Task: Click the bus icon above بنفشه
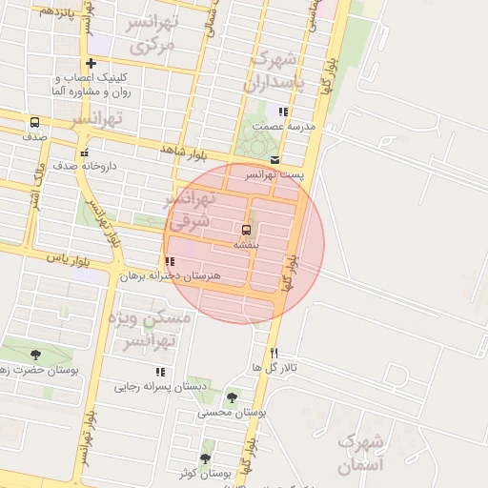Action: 246,231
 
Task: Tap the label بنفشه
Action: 246,245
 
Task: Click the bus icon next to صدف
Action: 34,123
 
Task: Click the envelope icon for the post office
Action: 274,160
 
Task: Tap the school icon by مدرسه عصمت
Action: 282,112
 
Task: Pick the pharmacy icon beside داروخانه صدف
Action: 85,152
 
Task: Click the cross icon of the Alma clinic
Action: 91,63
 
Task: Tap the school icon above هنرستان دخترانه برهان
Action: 170,261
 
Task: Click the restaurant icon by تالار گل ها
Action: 274,353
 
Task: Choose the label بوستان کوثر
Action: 205,473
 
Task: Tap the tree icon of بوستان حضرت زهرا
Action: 35,355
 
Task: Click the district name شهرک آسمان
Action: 360,454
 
